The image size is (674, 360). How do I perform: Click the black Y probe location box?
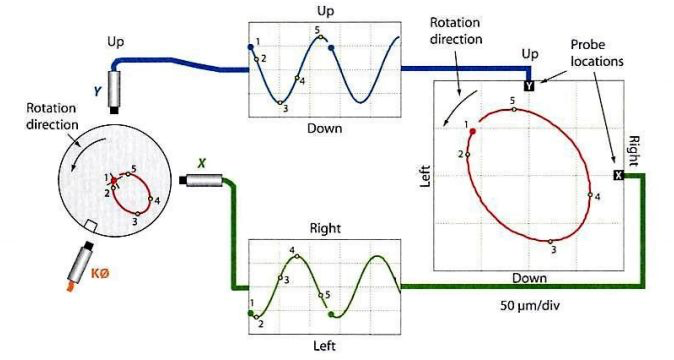tap(529, 85)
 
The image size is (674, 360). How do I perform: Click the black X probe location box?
tap(619, 175)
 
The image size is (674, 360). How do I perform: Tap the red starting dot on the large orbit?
tap(473, 131)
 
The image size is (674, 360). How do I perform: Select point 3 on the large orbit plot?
tap(550, 242)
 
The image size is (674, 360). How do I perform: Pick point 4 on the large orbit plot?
tap(591, 195)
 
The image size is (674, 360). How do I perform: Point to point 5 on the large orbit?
tap(514, 110)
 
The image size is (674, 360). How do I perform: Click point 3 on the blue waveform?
tap(280, 103)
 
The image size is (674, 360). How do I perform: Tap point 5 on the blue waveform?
tap(320, 37)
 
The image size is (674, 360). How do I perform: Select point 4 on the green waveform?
tap(297, 256)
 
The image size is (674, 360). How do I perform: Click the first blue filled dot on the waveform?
tap(251, 47)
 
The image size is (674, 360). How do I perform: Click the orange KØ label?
tap(100, 273)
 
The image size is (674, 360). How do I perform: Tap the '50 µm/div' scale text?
tap(530, 305)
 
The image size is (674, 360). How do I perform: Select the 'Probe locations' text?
tap(597, 53)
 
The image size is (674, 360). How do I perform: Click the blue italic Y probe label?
tap(98, 91)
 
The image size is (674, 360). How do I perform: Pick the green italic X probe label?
tap(201, 163)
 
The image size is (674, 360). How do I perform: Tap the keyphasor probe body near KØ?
tap(81, 263)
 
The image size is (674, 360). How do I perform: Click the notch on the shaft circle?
tap(91, 226)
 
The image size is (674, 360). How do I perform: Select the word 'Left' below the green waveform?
tap(325, 345)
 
